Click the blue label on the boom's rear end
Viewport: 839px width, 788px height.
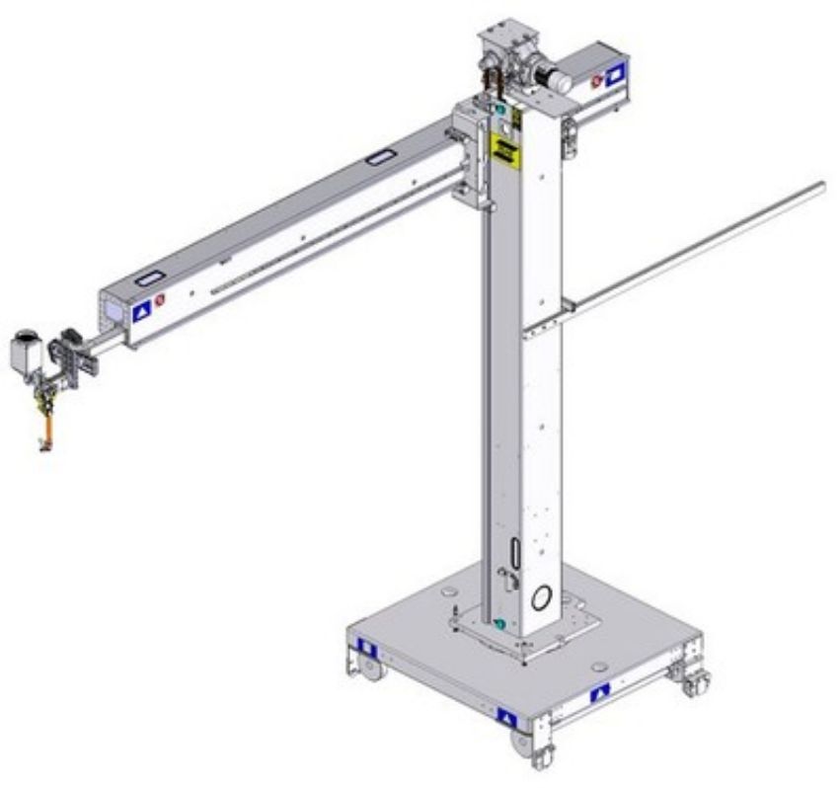(615, 71)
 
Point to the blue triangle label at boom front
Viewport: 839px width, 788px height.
(141, 310)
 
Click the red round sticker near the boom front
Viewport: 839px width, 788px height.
(159, 297)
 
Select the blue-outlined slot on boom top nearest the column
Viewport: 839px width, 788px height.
(379, 156)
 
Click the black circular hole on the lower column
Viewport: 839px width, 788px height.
(541, 597)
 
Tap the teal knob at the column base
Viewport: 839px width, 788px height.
(500, 624)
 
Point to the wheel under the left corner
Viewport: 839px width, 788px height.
(367, 670)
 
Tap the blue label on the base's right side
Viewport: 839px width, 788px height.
(600, 694)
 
